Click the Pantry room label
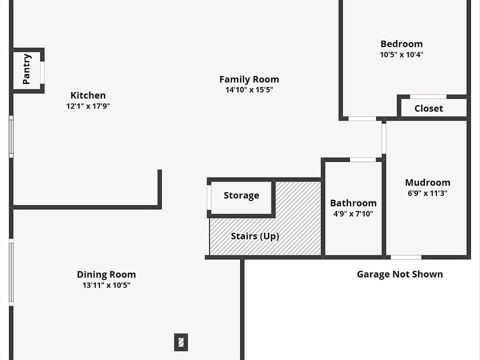click(x=27, y=69)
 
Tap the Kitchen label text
click(x=88, y=95)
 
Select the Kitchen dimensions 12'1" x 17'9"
click(x=88, y=106)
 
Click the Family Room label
click(x=249, y=79)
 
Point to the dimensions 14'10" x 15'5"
click(x=249, y=90)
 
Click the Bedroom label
click(x=401, y=43)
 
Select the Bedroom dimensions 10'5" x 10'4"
click(x=401, y=54)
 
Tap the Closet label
click(x=428, y=108)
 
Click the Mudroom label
click(x=427, y=182)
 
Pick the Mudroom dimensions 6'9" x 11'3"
click(x=427, y=193)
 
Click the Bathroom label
click(x=353, y=203)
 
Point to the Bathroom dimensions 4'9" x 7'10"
click(x=353, y=213)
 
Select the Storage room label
click(x=241, y=195)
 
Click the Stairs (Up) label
click(x=255, y=236)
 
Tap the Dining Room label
click(x=106, y=274)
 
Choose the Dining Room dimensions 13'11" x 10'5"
click(x=106, y=285)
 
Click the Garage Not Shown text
click(x=399, y=274)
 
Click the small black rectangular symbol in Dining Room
click(x=181, y=342)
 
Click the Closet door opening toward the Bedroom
click(x=428, y=96)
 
